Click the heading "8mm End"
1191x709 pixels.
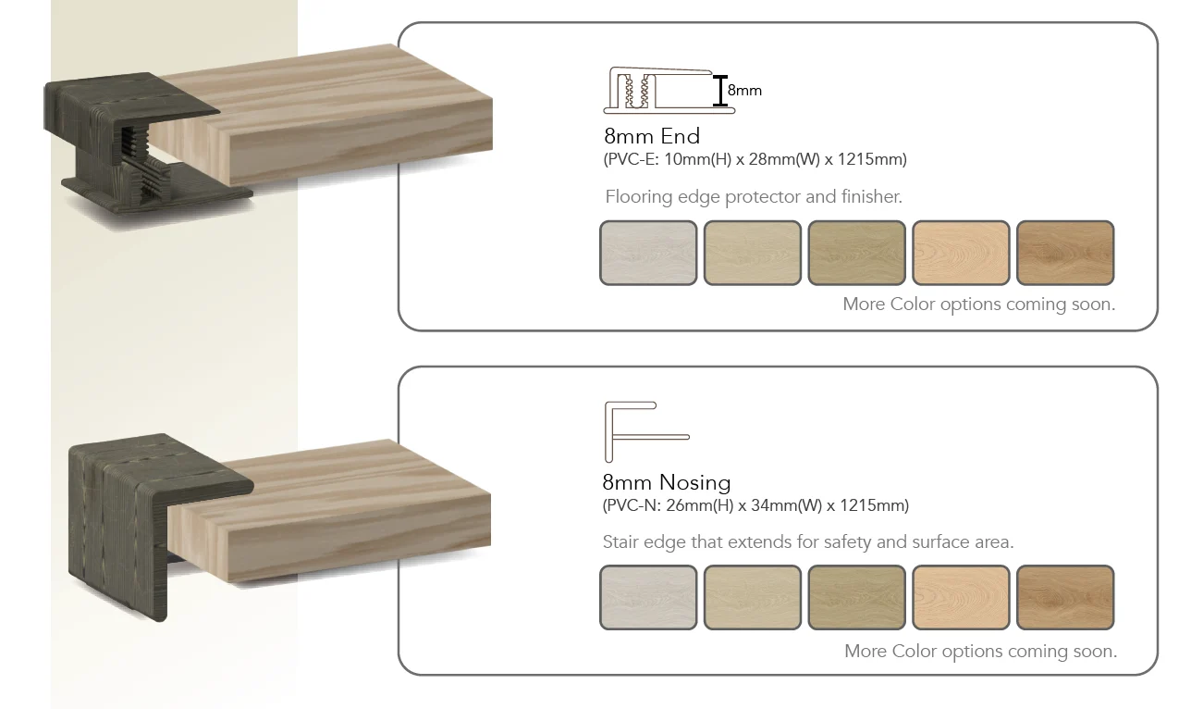point(652,136)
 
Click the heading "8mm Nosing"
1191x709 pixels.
point(666,482)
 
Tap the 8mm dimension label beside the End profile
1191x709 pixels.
point(744,91)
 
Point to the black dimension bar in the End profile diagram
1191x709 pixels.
point(720,91)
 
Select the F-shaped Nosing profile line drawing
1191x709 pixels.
point(608,431)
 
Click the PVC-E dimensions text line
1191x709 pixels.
point(755,159)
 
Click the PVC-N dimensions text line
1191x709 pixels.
point(755,505)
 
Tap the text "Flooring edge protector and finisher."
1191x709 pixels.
point(754,196)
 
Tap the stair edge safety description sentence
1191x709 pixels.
point(808,541)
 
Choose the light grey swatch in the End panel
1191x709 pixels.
point(648,253)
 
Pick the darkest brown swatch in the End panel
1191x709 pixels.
point(1065,253)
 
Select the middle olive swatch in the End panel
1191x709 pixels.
point(856,253)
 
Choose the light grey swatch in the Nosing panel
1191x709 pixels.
point(648,597)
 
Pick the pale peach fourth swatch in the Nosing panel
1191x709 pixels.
point(961,597)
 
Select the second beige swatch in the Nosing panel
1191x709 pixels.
point(753,597)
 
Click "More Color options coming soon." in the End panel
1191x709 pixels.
point(979,304)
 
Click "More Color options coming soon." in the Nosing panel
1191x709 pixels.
point(980,651)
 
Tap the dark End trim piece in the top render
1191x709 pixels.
point(96,106)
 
